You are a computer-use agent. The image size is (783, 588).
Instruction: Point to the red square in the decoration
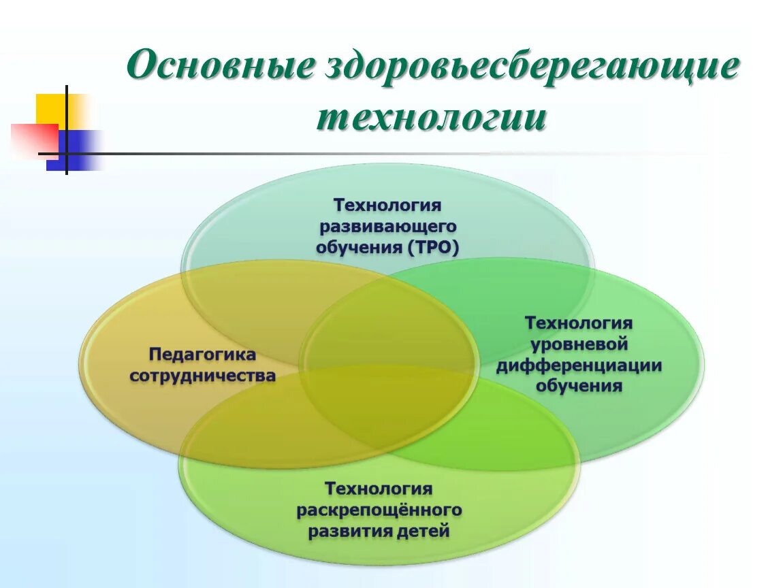click(31, 139)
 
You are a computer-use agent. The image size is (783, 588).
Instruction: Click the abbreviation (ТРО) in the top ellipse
click(434, 246)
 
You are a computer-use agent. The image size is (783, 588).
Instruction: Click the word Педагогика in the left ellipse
click(202, 355)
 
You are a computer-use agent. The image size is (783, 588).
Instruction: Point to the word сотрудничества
click(202, 376)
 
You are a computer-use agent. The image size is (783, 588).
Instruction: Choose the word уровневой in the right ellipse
click(579, 344)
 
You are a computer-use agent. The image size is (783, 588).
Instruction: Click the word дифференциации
click(579, 365)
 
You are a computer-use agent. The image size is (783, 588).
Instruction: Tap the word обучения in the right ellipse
click(579, 387)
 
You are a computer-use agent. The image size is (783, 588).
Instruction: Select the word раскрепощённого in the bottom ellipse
click(379, 510)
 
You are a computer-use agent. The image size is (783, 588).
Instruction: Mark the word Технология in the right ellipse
click(579, 323)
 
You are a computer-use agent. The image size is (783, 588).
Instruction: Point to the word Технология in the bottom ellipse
click(379, 489)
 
